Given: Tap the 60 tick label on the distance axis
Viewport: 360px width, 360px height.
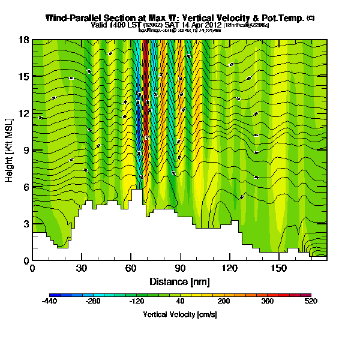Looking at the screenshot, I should point(131,269).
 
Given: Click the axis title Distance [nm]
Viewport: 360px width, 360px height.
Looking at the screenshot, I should point(179,281).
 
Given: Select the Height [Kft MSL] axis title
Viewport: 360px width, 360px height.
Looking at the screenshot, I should point(10,150).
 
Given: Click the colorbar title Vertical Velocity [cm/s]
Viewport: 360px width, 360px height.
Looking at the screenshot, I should point(179,314).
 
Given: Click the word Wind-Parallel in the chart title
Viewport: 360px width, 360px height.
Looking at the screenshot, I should point(73,19).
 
